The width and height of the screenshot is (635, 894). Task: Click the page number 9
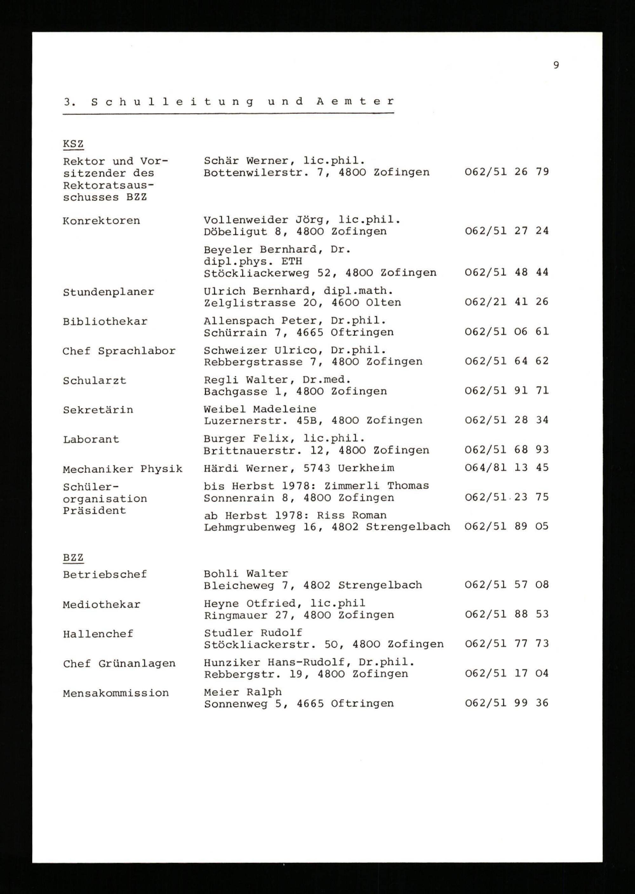pyautogui.click(x=556, y=65)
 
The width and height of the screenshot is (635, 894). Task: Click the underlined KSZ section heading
pyautogui.click(x=73, y=144)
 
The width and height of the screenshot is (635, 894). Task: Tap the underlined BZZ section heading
pyautogui.click(x=73, y=557)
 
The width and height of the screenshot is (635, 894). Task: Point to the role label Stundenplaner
pyautogui.click(x=108, y=292)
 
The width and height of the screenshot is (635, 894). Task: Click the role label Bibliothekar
pyautogui.click(x=105, y=322)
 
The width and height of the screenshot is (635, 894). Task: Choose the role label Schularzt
pyautogui.click(x=94, y=381)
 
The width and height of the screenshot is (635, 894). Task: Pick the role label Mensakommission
pyautogui.click(x=116, y=693)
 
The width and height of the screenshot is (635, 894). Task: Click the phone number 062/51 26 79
pyautogui.click(x=506, y=172)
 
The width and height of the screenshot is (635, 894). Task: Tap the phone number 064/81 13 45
pyautogui.click(x=506, y=468)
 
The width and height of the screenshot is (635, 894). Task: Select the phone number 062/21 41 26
pyautogui.click(x=506, y=302)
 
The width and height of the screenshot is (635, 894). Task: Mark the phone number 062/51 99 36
pyautogui.click(x=506, y=703)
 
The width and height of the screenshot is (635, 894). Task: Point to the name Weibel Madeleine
pyautogui.click(x=260, y=409)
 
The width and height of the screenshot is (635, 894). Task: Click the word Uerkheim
pyautogui.click(x=366, y=468)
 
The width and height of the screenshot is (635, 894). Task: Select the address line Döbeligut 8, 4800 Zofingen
pyautogui.click(x=295, y=231)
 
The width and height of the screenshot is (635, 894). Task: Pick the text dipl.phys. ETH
pyautogui.click(x=253, y=261)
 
